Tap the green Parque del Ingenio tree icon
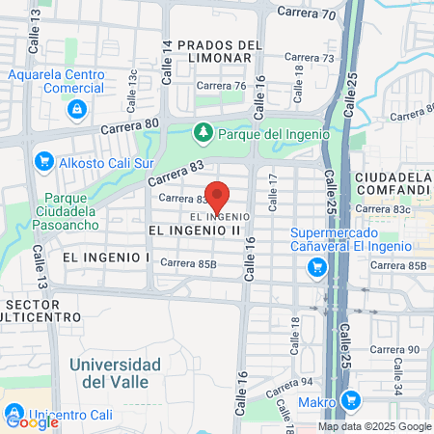(x=203, y=132)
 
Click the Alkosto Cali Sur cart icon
(x=42, y=162)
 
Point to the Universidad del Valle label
(x=115, y=372)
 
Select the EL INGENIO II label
(x=194, y=231)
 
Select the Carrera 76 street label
(x=221, y=86)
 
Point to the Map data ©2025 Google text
(x=375, y=426)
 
